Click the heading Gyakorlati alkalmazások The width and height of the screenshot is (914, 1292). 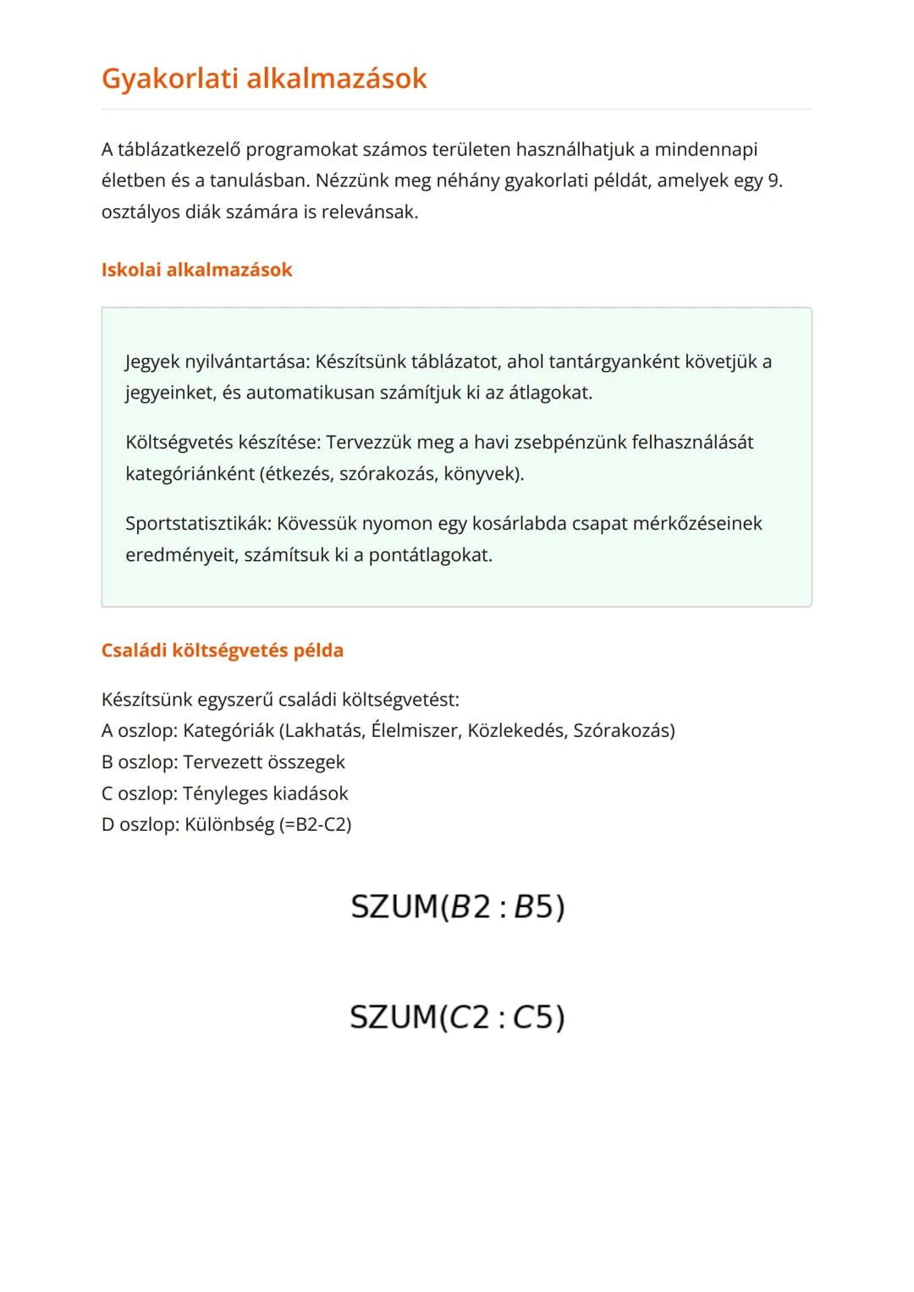point(264,79)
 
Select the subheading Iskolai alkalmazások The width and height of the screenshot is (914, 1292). point(196,270)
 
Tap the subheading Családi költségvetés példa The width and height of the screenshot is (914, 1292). point(222,651)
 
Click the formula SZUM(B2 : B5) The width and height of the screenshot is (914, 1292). point(457,906)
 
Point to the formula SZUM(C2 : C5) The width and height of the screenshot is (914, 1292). point(457,1016)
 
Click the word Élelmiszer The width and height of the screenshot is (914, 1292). point(415,730)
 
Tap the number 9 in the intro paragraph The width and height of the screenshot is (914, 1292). point(774,181)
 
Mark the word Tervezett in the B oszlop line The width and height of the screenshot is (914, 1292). point(222,762)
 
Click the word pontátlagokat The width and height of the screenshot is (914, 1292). point(430,556)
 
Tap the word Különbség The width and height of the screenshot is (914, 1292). point(228,824)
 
